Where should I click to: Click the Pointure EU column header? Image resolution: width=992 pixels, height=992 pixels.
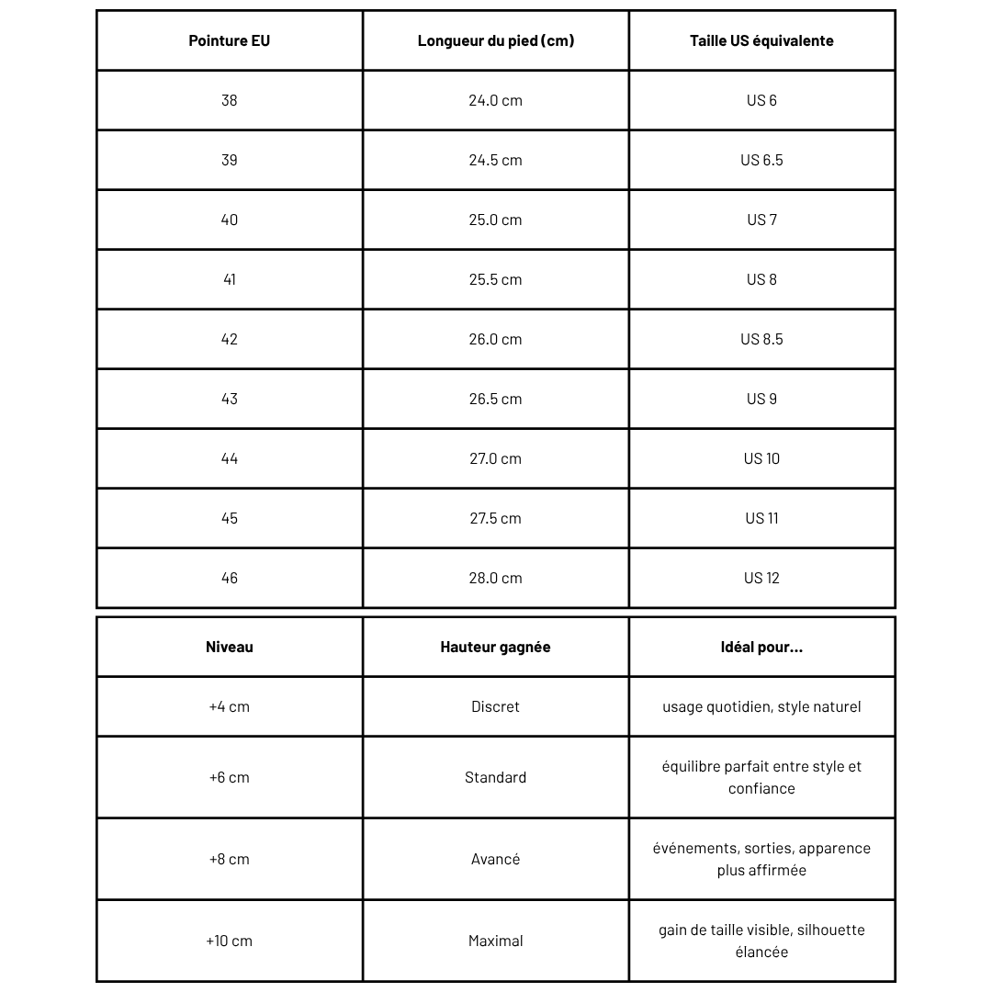tap(230, 40)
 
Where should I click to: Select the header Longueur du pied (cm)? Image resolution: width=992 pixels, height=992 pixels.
tap(496, 40)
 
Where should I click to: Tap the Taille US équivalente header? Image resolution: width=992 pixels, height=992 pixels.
tap(761, 40)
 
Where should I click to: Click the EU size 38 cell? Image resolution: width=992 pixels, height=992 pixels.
tap(230, 100)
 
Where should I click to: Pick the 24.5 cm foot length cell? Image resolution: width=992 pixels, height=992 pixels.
tap(496, 160)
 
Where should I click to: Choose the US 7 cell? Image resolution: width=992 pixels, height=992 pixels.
tap(761, 220)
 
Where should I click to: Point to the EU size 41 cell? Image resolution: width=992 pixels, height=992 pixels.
tap(230, 279)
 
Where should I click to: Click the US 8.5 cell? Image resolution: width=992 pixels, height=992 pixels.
tap(761, 339)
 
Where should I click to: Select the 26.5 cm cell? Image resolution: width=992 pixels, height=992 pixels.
tap(496, 399)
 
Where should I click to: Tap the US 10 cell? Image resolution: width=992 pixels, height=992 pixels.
tap(761, 458)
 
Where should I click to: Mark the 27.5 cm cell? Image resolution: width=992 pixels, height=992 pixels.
tap(496, 518)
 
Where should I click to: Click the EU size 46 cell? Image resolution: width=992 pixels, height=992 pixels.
tap(230, 578)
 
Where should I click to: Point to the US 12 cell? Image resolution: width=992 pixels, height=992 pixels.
tap(761, 578)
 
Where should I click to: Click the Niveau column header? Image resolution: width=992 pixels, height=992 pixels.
tap(230, 647)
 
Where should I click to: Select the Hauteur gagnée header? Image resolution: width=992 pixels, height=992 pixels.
tap(496, 647)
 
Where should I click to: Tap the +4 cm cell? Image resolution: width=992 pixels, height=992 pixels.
tap(230, 706)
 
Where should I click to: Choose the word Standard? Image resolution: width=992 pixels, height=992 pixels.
tap(496, 777)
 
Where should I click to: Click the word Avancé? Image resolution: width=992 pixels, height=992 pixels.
tap(496, 859)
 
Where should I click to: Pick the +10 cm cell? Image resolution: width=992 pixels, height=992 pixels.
tap(230, 941)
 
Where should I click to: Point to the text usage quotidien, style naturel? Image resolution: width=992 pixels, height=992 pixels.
tap(761, 706)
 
